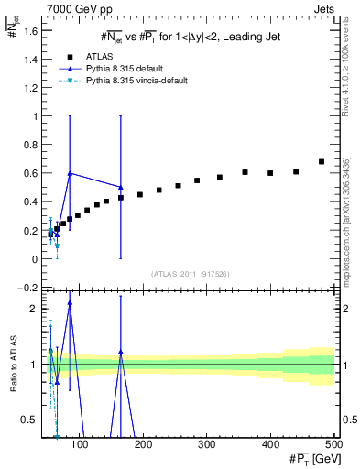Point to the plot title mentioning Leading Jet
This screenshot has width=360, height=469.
191,38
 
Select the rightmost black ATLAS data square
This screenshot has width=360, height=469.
322,162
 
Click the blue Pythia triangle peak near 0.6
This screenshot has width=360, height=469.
70,173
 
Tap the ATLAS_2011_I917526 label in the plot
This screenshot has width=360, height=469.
190,273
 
